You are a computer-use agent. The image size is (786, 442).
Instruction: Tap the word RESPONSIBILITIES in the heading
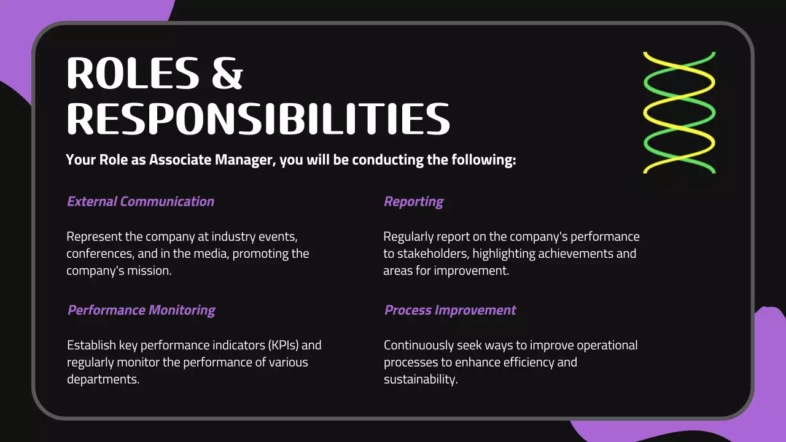coord(258,118)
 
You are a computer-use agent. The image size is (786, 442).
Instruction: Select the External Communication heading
coord(141,201)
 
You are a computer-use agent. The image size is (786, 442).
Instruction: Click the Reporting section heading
coord(413,201)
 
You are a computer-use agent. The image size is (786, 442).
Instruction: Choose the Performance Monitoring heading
coord(141,310)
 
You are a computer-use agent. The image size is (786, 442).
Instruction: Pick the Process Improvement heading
coord(450,310)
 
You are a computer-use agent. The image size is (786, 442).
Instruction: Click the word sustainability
coord(421,379)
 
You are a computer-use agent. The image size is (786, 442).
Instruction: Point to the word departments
coord(103,379)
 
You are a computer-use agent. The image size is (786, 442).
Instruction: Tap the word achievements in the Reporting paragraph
coord(556,254)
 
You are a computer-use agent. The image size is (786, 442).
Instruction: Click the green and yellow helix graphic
coord(679,112)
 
